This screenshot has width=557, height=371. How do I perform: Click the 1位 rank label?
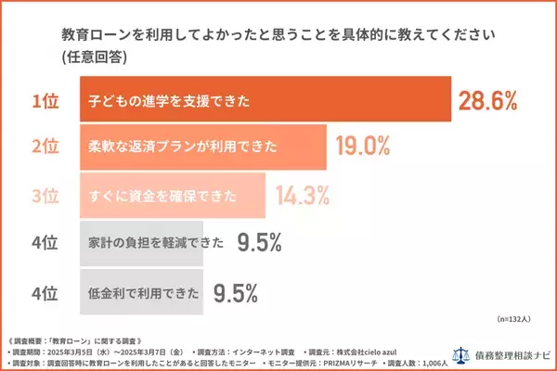45,100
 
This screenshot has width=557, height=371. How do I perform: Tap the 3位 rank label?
45,197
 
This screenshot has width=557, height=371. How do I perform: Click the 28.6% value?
487,100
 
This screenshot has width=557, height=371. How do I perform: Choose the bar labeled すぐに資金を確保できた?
173,197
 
